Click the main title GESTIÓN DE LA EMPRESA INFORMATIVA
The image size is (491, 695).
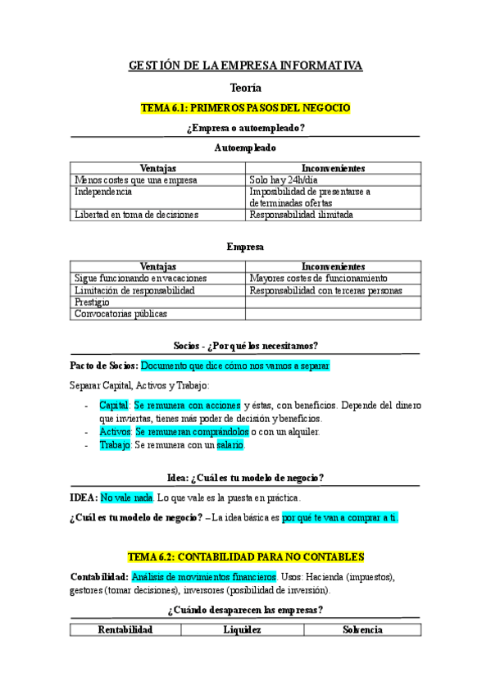tap(245, 66)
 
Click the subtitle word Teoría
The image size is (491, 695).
tap(245, 87)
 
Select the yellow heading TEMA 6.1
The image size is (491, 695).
tap(245, 107)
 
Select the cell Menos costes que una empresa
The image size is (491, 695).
tap(136, 180)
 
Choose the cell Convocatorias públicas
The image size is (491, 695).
tap(120, 313)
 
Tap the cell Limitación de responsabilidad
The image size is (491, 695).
tap(134, 290)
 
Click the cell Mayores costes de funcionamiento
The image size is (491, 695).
tap(319, 279)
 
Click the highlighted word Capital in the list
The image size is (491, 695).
tap(114, 405)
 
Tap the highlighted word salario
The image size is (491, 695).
tap(230, 445)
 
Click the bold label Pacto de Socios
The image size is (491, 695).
tap(104, 366)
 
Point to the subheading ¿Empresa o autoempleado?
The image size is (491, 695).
tap(245, 128)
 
